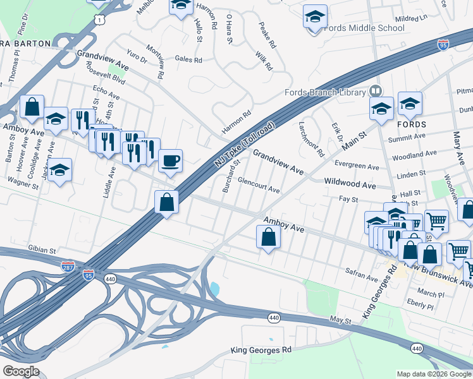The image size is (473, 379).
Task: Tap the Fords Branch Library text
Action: pos(325,92)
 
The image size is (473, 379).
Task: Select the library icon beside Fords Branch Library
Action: pos(376,92)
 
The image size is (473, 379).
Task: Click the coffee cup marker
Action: pos(170,160)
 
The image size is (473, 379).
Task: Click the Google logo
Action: pos(21,371)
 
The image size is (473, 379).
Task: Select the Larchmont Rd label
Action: pos(311,140)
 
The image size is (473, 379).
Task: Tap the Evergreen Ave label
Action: pos(357,166)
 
